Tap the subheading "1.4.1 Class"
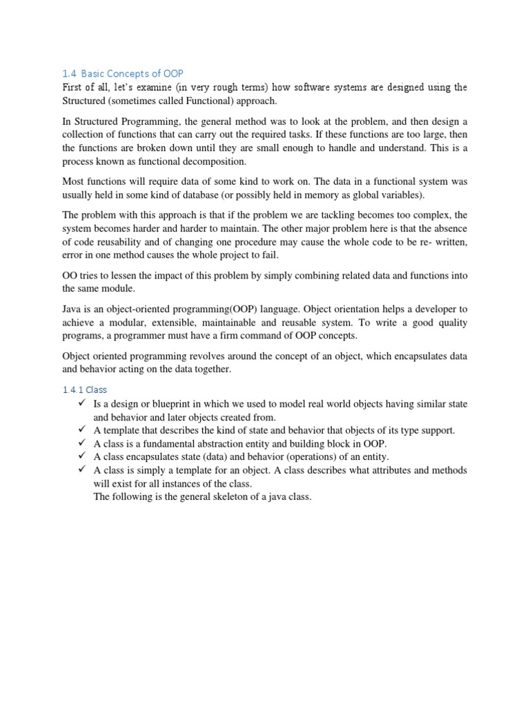(84, 390)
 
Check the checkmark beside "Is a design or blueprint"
(82, 403)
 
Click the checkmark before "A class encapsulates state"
(82, 456)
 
